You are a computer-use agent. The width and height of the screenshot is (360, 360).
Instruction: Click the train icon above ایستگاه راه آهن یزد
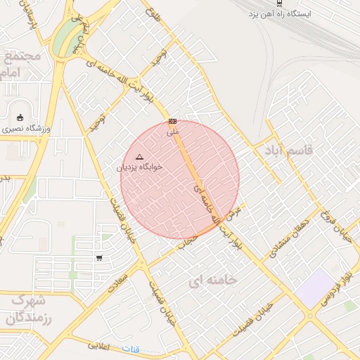click(x=280, y=4)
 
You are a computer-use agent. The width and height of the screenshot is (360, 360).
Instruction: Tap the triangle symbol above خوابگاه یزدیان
click(x=139, y=157)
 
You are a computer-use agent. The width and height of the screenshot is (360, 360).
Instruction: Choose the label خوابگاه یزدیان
click(x=139, y=167)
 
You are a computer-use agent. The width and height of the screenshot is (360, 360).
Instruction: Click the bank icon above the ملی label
click(x=172, y=121)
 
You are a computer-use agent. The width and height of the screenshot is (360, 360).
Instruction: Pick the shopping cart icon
click(x=99, y=258)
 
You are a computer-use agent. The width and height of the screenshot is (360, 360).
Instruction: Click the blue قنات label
click(x=130, y=349)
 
